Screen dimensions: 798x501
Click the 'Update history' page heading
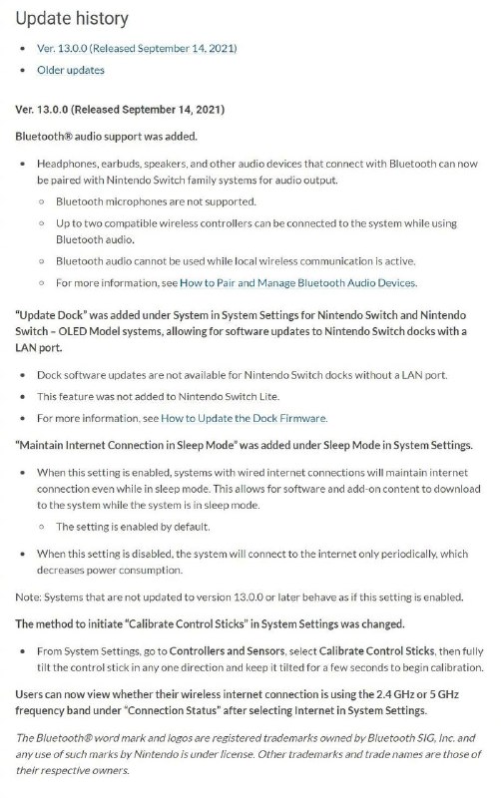[x=72, y=18]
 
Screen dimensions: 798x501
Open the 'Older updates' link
[x=70, y=70]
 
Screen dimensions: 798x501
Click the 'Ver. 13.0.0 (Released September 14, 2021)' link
[x=137, y=48]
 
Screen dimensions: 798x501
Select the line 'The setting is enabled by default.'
[x=133, y=526]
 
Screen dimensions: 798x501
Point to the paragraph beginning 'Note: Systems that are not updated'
[x=240, y=597]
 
